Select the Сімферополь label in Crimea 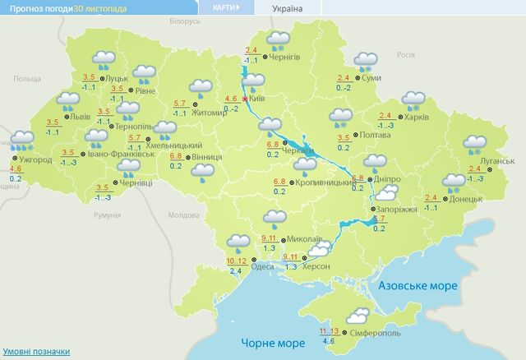[x=376, y=335]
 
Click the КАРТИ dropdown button [x=222, y=8]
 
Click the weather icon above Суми [x=365, y=61]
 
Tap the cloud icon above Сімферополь [x=357, y=315]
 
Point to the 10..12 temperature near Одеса [x=235, y=261]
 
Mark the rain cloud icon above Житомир [x=201, y=87]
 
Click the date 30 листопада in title [x=101, y=8]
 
